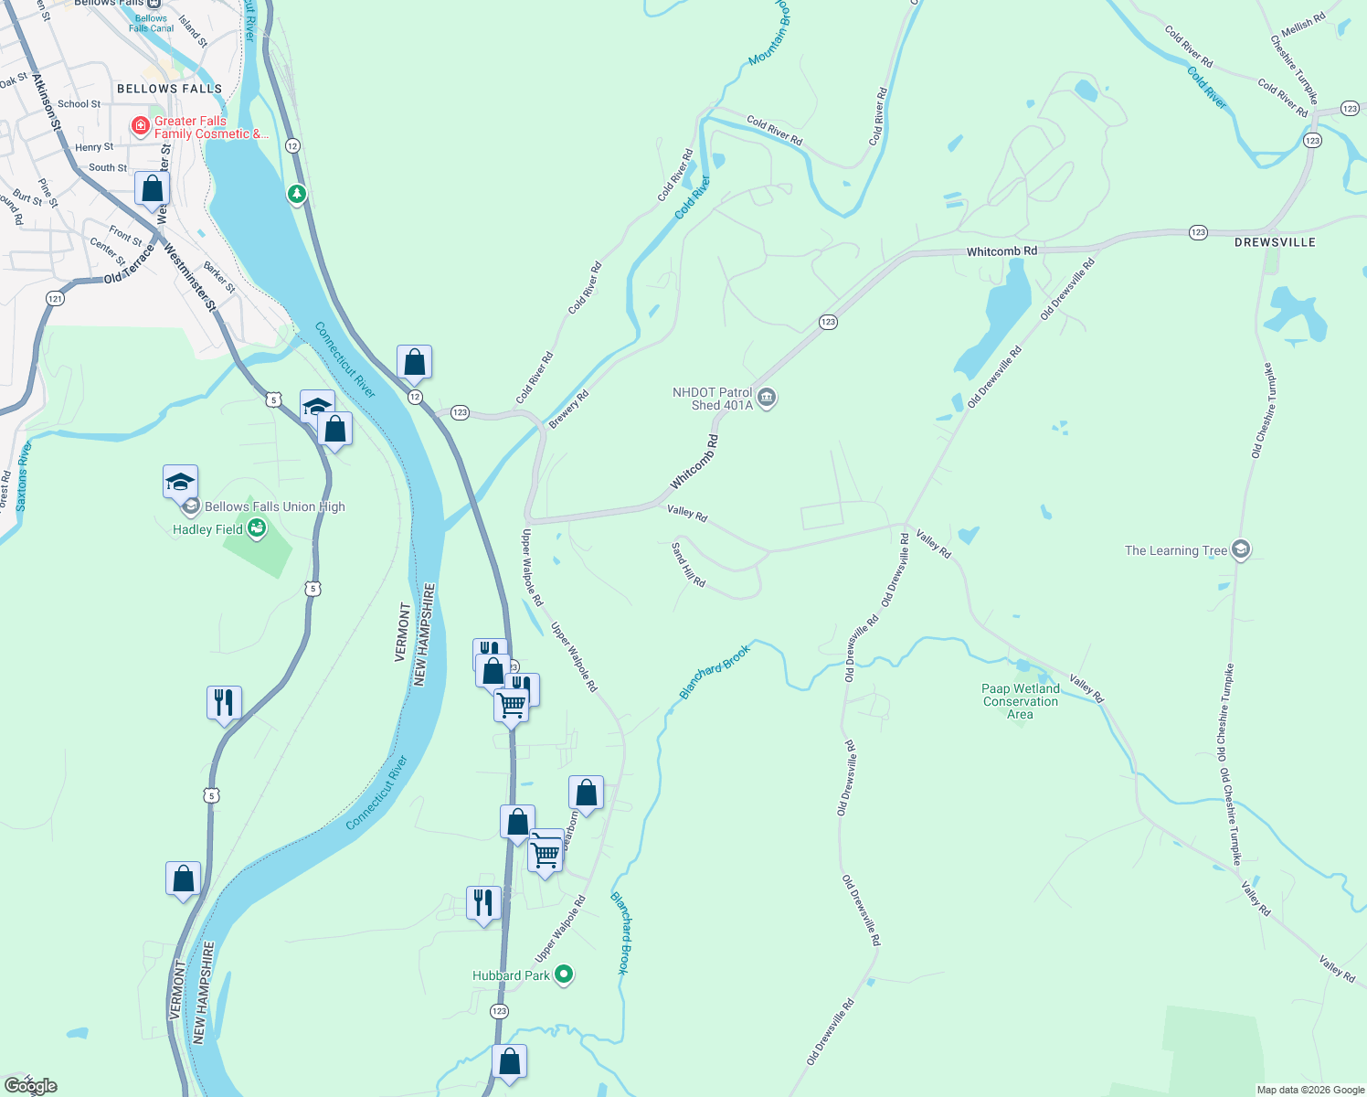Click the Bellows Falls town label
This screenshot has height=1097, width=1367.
tap(169, 89)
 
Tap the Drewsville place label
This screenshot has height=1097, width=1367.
tap(1274, 242)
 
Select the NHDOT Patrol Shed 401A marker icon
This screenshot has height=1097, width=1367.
tap(768, 398)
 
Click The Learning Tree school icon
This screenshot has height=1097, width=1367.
tap(1240, 549)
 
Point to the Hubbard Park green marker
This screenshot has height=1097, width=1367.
tap(564, 975)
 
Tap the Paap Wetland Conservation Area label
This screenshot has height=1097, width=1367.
tap(1021, 701)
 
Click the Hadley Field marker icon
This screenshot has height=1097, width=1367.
tap(257, 528)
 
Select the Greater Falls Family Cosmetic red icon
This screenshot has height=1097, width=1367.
tap(141, 126)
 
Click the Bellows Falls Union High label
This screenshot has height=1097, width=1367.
tap(274, 506)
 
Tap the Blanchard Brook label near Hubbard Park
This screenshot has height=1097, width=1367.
tap(620, 932)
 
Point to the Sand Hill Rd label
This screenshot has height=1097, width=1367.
tap(688, 565)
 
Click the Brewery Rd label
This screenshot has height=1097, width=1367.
tap(568, 409)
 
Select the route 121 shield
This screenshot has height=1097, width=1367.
tap(55, 298)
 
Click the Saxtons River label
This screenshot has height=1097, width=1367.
tap(23, 475)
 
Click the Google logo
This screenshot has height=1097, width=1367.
tap(30, 1086)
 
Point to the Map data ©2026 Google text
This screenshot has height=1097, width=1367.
tap(1310, 1090)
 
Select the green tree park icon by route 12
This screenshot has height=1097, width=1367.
tap(296, 194)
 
